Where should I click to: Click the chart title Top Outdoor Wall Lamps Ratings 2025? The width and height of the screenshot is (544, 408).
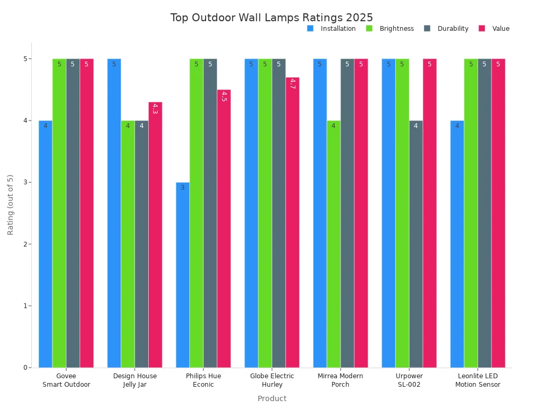(271, 18)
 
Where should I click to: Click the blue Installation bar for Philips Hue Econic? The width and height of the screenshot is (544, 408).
(183, 275)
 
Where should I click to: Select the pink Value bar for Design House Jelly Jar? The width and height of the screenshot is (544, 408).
(155, 234)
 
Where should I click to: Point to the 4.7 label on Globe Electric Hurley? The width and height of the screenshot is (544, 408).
(292, 83)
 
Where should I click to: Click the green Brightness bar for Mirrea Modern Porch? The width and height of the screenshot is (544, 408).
(334, 244)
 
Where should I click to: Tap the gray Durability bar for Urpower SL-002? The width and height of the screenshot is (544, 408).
(416, 244)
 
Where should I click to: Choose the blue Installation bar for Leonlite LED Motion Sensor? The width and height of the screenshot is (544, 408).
(457, 244)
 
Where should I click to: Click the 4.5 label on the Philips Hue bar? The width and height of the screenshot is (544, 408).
(224, 96)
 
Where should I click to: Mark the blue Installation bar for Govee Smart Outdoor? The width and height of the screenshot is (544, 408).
(46, 244)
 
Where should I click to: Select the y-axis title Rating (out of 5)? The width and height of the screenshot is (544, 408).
(11, 205)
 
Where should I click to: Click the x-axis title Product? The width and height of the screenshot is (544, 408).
(271, 398)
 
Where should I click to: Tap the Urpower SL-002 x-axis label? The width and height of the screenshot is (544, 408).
(409, 380)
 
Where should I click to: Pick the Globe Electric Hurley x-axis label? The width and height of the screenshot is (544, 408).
(272, 380)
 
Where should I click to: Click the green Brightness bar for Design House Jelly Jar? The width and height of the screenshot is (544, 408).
(127, 244)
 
